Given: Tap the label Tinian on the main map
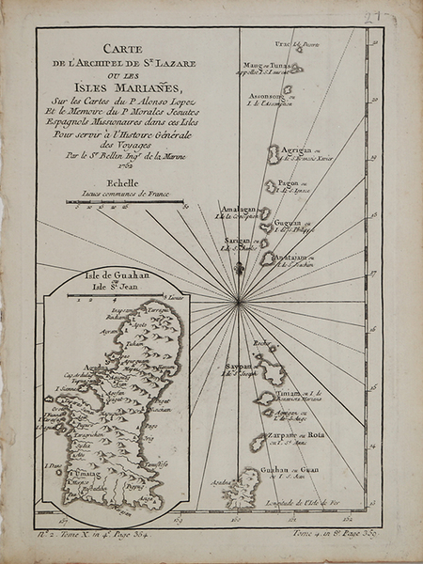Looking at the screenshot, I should [x=288, y=392].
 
